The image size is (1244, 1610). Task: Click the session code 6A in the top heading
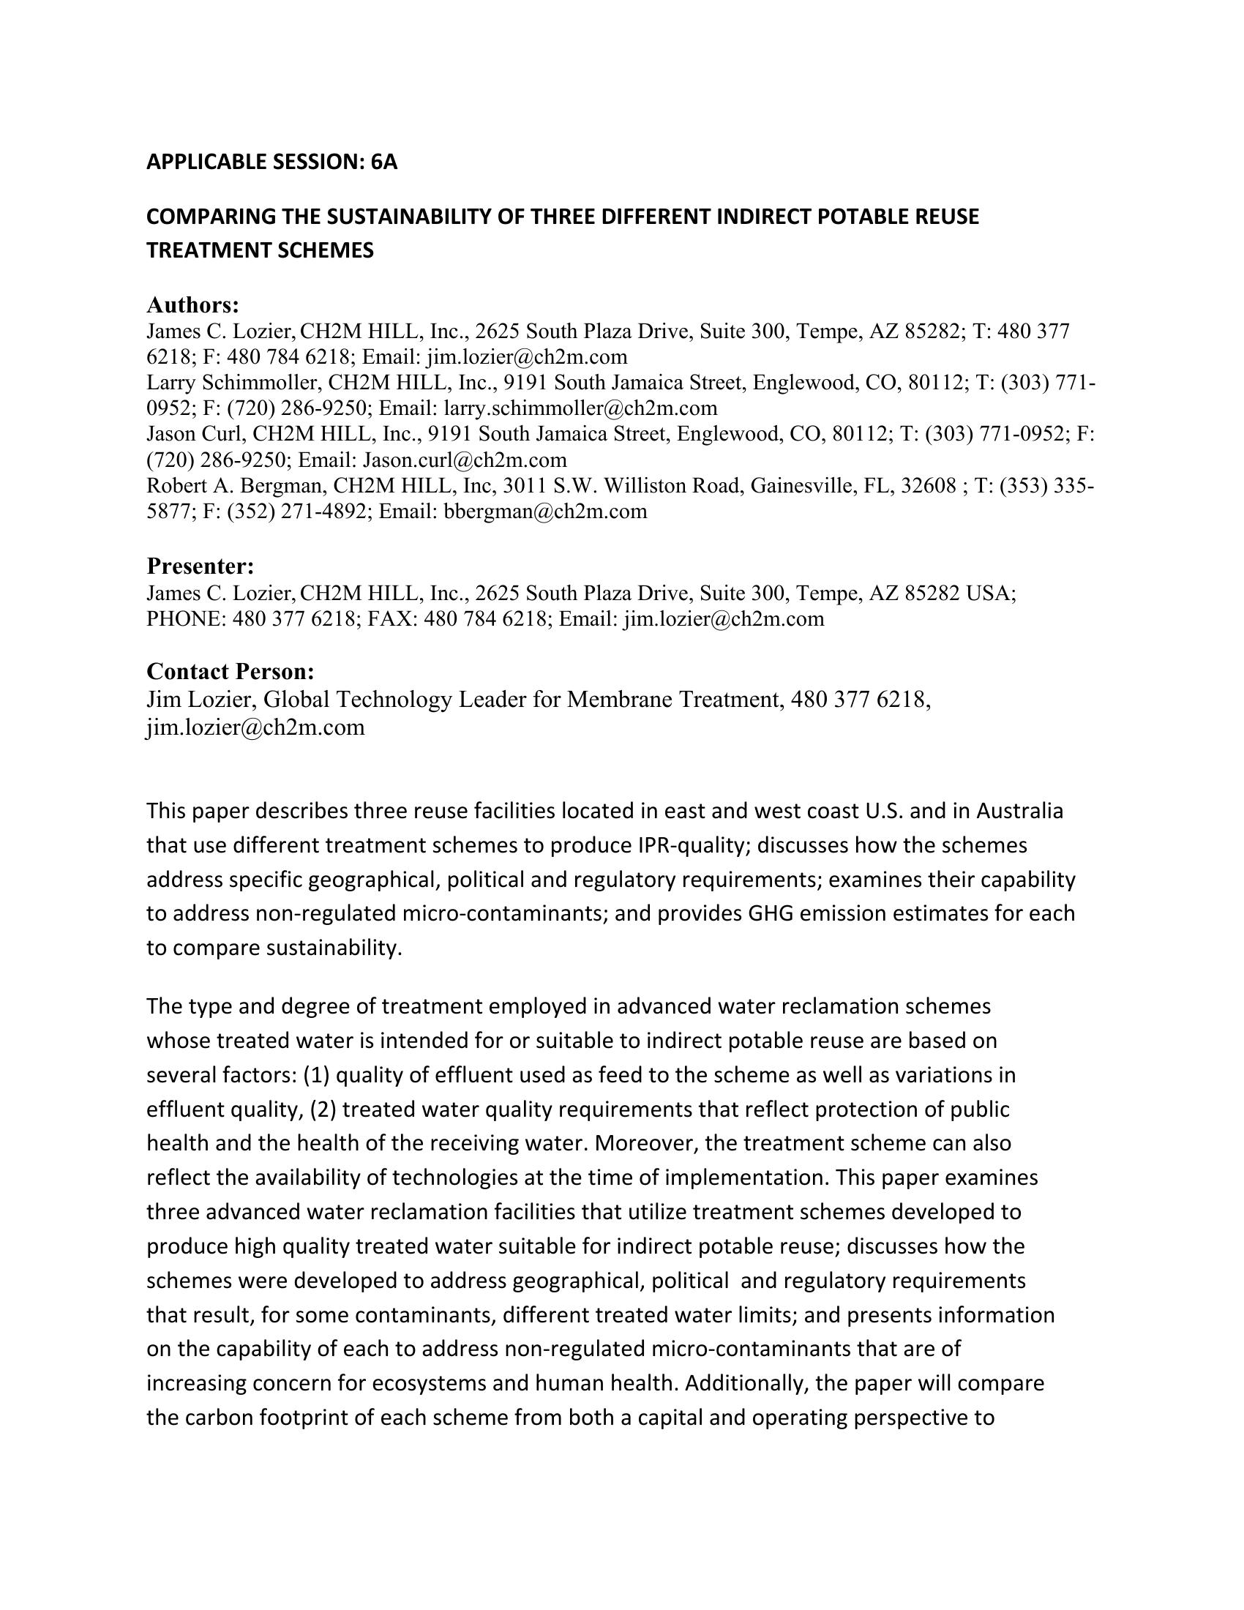pyautogui.click(x=384, y=162)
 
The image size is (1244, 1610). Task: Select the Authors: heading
pyautogui.click(x=193, y=304)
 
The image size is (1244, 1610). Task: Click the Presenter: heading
pyautogui.click(x=201, y=566)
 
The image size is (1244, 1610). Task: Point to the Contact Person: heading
pyautogui.click(x=231, y=671)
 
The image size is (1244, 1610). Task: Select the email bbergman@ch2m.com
pyautogui.click(x=545, y=512)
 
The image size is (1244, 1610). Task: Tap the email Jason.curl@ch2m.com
pyautogui.click(x=464, y=460)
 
